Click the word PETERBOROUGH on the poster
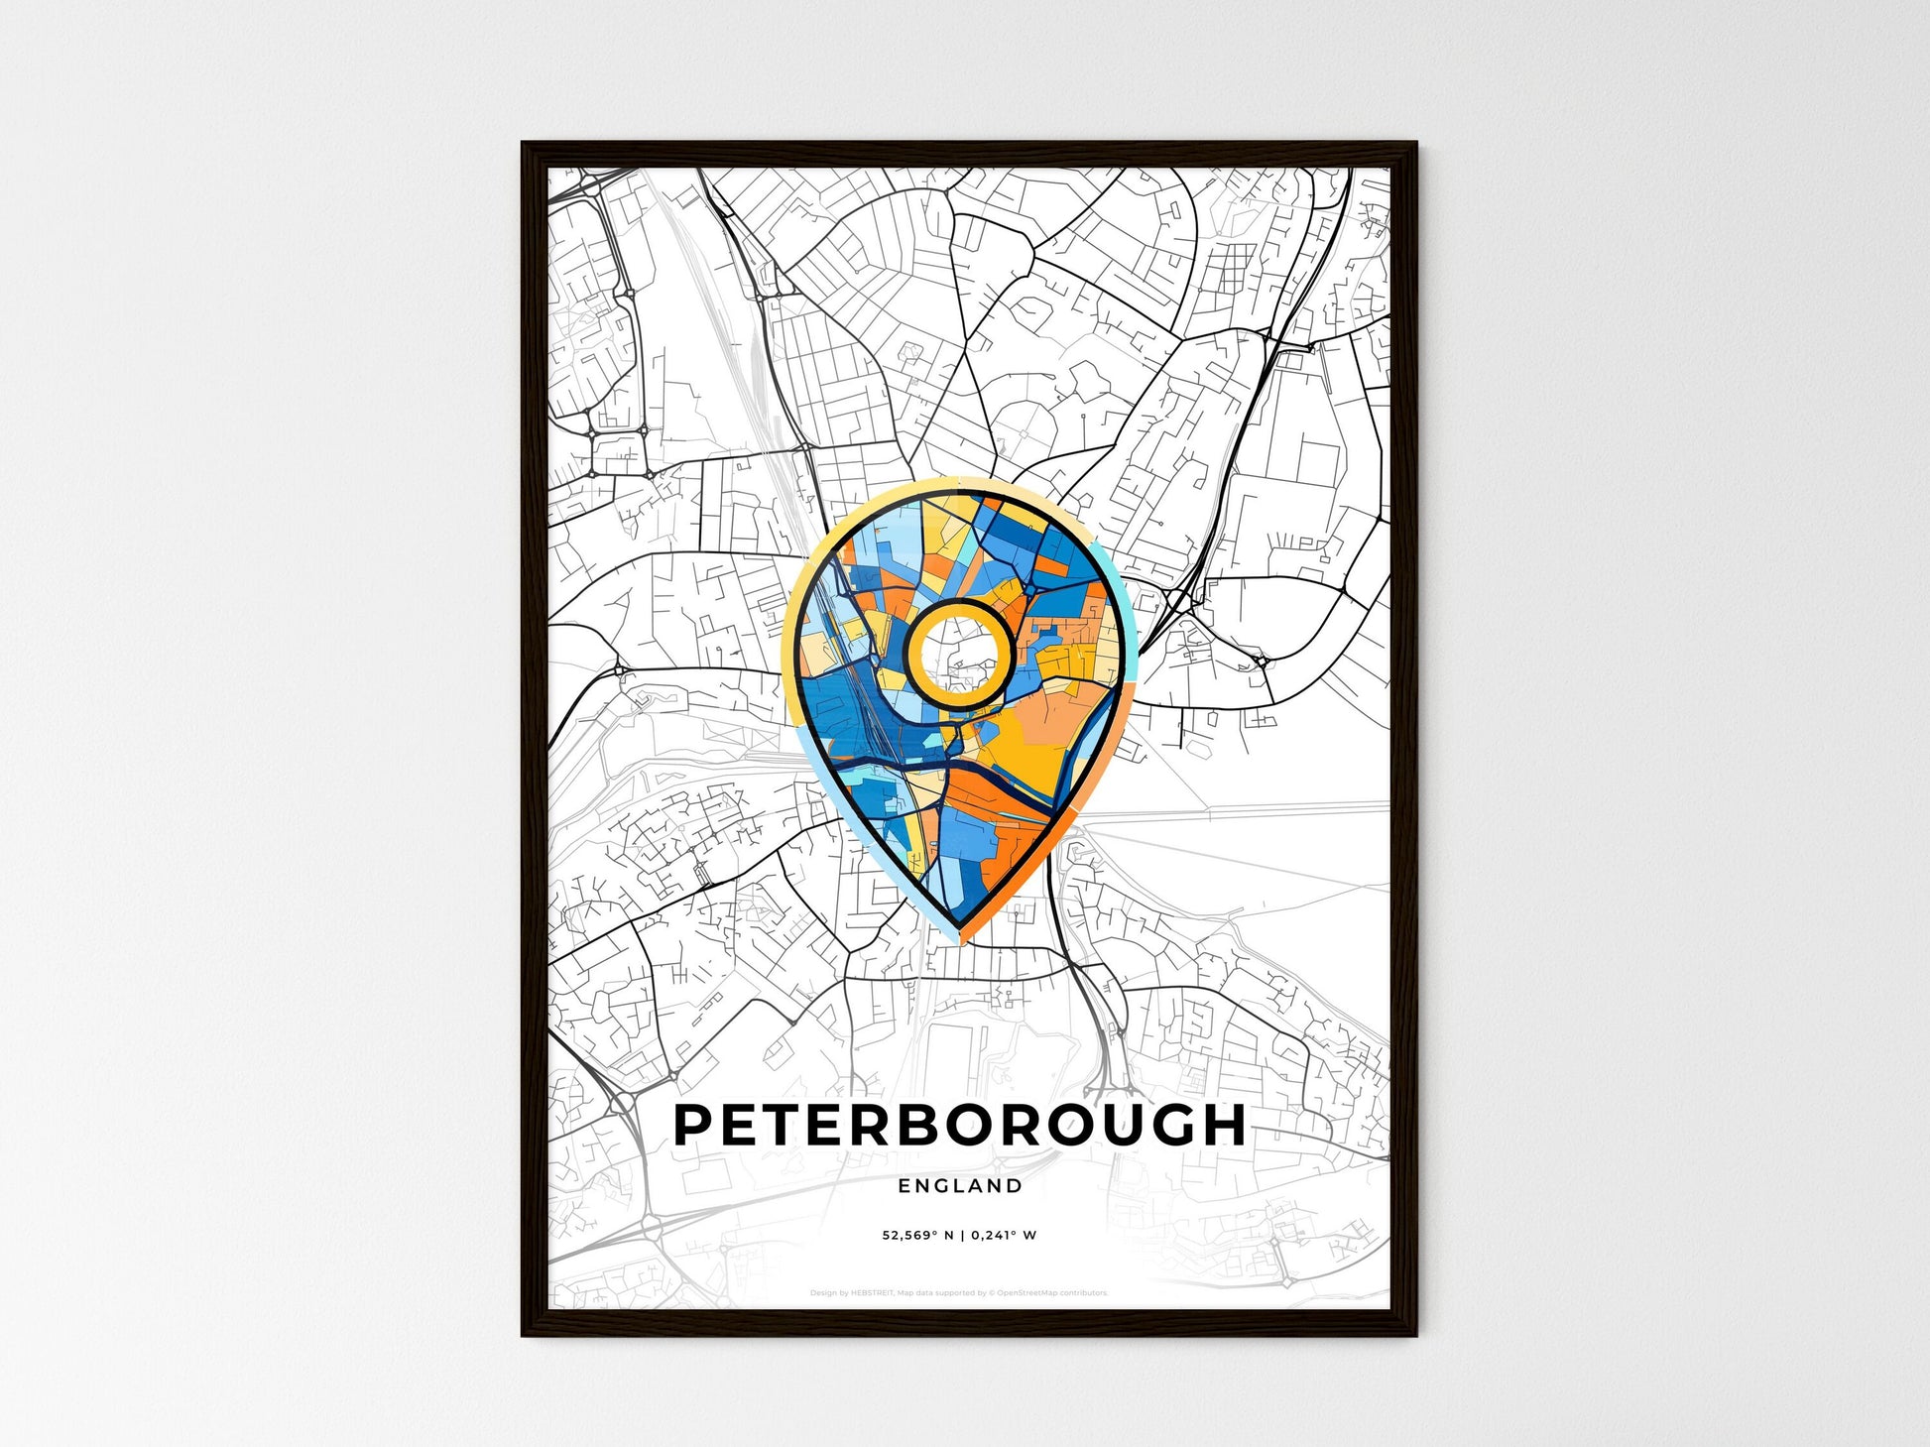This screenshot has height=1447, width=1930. pyautogui.click(x=959, y=1125)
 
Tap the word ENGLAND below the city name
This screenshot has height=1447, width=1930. pyautogui.click(x=960, y=1185)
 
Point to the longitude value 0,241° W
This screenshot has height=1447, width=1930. pyautogui.click(x=1004, y=1236)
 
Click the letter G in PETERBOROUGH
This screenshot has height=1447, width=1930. pyautogui.click(x=1169, y=1125)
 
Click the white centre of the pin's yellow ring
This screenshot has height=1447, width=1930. pyautogui.click(x=959, y=654)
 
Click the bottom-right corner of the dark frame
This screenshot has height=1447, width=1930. pyautogui.click(x=1415, y=1335)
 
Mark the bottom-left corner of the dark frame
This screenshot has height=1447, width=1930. pyautogui.click(x=524, y=1335)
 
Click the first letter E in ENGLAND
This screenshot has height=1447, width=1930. pyautogui.click(x=905, y=1185)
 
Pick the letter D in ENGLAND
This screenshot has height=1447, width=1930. pyautogui.click(x=1015, y=1185)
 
